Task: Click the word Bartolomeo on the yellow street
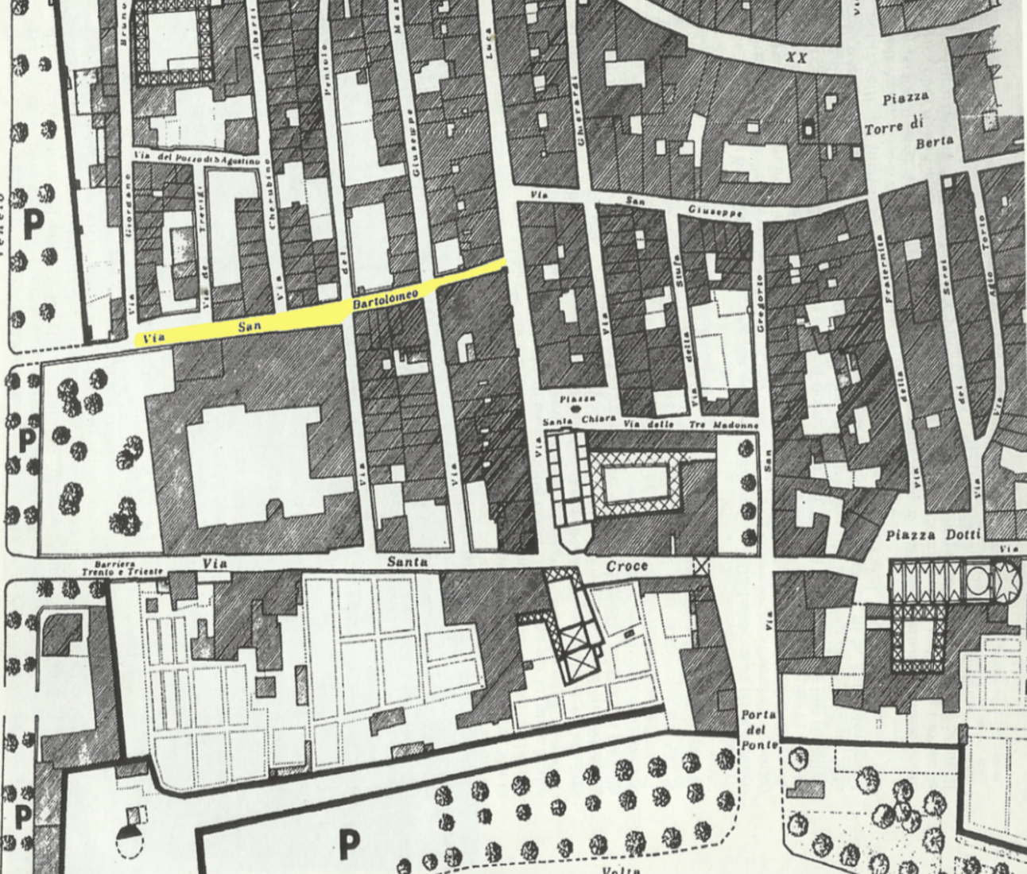385,300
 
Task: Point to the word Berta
934,144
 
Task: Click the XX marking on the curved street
796,58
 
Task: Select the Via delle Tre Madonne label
691,424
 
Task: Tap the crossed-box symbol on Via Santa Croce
701,566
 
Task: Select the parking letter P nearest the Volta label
347,843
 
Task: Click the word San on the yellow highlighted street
249,325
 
